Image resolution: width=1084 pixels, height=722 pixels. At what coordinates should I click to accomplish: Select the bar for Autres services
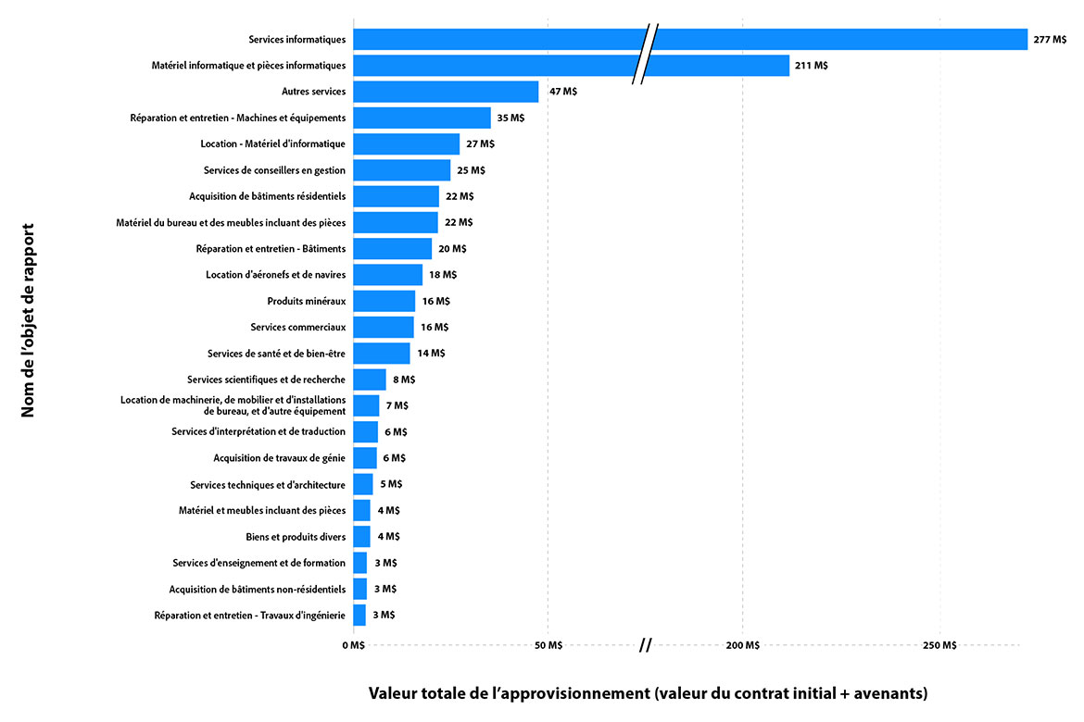point(446,92)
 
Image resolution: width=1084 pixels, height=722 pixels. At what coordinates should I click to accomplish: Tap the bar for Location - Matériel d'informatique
point(406,143)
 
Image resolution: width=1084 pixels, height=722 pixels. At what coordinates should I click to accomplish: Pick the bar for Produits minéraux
point(384,301)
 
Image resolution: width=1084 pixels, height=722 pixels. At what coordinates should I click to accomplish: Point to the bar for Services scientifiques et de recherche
point(370,380)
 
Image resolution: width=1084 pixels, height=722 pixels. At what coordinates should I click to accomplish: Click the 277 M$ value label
point(1050,40)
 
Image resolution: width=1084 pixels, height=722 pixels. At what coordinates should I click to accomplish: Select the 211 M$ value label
point(812,66)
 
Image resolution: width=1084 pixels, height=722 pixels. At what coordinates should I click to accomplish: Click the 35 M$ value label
point(510,118)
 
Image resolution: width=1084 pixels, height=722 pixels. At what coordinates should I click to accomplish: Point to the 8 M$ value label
point(404,380)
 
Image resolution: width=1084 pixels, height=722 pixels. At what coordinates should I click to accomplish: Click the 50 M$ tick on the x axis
point(548,645)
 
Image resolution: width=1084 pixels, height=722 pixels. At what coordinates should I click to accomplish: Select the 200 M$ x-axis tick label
point(743,645)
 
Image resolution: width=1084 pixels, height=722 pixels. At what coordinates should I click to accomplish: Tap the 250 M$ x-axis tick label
point(940,645)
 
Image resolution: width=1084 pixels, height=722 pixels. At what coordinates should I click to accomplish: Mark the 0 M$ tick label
point(353,645)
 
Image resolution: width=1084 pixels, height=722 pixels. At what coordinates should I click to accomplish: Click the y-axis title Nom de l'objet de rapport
point(28,319)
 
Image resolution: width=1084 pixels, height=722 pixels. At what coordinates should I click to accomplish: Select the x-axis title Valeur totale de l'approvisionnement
point(648,693)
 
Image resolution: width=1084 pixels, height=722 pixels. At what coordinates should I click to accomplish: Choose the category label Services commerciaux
point(297,327)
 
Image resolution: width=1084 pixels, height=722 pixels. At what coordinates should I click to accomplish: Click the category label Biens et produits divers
point(296,537)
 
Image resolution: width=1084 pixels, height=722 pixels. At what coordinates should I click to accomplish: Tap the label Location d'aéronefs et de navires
point(275,275)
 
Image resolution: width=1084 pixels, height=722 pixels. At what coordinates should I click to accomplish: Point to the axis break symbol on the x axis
point(646,644)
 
